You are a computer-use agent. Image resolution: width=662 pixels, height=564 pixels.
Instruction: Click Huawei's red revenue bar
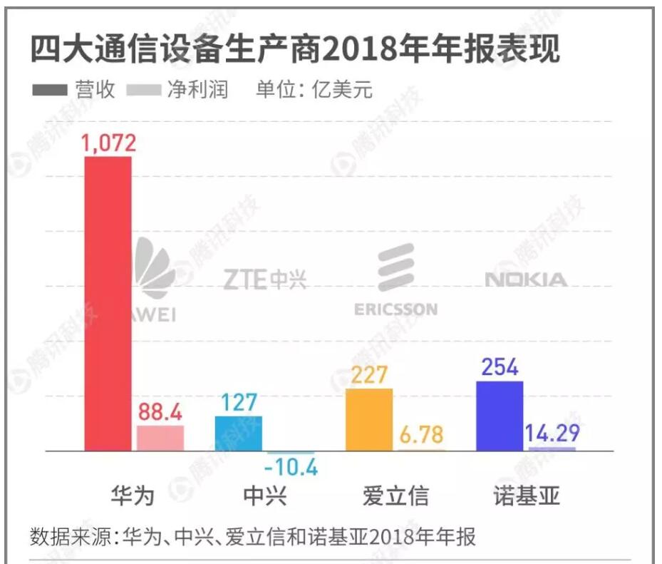(108, 303)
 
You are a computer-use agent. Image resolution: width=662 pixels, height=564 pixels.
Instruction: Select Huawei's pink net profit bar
(160, 438)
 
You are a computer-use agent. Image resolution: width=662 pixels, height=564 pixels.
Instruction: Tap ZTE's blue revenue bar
(238, 433)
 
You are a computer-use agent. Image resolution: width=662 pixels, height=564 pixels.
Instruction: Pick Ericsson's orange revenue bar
(368, 419)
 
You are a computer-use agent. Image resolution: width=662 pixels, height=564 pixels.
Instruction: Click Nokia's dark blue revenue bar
(499, 416)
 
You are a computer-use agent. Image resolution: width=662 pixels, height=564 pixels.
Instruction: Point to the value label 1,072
(108, 143)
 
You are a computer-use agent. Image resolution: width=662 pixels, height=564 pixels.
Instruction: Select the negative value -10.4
(291, 468)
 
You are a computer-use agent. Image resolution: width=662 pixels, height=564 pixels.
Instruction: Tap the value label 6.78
(422, 434)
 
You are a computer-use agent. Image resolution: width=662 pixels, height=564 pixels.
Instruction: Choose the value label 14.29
(552, 433)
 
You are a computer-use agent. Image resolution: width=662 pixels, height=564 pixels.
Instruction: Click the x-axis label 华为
(133, 496)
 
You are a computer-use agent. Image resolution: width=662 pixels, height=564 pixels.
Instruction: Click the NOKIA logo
(526, 280)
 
